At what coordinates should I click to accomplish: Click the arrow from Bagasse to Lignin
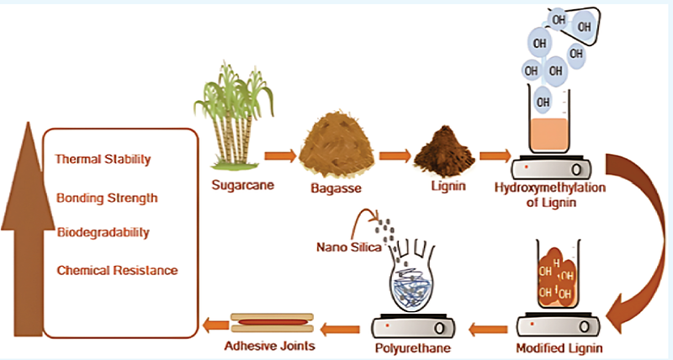(395, 156)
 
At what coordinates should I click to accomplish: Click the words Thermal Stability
(103, 158)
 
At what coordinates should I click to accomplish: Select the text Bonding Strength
(107, 198)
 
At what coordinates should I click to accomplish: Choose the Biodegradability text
(103, 231)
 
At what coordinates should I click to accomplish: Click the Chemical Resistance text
(116, 270)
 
